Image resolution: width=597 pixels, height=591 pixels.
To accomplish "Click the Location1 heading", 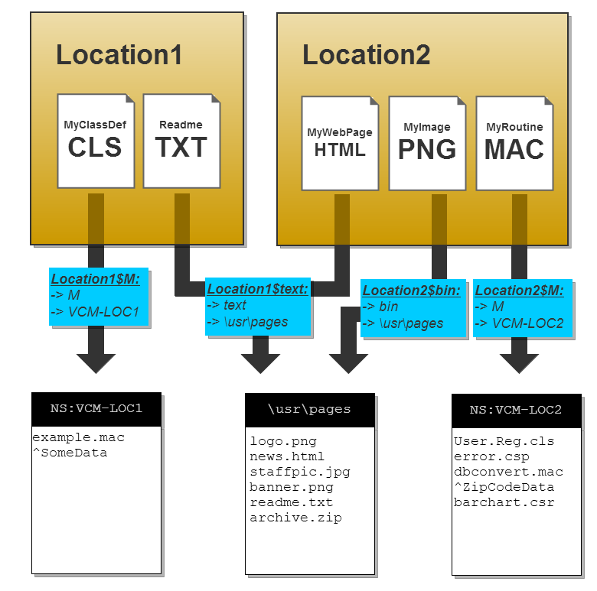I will click(119, 55).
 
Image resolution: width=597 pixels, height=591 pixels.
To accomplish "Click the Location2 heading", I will click(366, 55).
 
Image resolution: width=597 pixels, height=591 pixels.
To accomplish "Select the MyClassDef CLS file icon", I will click(96, 141).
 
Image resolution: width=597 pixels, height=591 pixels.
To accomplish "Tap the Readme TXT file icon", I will click(181, 141).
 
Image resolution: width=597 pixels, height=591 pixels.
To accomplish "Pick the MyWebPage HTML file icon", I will click(340, 143).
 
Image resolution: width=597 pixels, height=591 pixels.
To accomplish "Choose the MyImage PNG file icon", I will click(427, 143).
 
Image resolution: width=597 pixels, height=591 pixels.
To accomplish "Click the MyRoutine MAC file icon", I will click(514, 143).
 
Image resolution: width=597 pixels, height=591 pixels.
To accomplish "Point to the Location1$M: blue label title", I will click(96, 279).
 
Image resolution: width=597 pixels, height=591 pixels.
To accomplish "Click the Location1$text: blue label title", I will click(257, 289).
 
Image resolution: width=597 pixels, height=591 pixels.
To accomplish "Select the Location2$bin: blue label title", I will click(413, 291).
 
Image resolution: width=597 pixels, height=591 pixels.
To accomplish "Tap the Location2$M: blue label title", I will click(519, 291).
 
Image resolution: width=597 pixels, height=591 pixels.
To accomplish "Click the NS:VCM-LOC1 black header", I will click(96, 409).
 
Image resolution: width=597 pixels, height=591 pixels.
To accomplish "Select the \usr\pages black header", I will click(309, 409).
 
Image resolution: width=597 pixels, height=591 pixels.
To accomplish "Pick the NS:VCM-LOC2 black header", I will click(515, 411).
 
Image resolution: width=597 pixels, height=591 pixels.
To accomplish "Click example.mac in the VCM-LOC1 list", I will click(78, 438).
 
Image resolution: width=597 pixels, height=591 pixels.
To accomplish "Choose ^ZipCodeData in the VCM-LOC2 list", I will click(504, 487).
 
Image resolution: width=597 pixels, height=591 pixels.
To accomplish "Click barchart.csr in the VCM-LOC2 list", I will click(504, 502).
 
